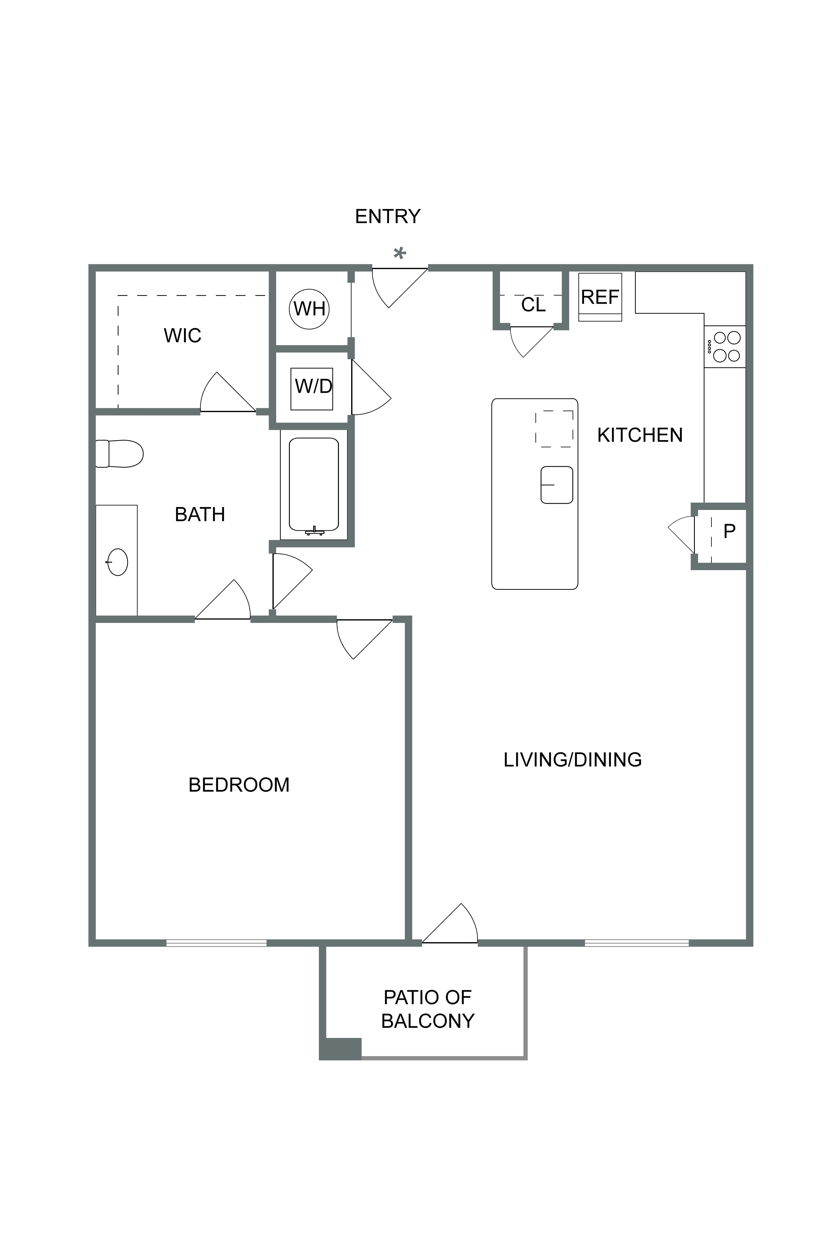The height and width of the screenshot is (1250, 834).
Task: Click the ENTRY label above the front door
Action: coord(388,216)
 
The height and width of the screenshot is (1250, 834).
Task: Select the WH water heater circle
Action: coord(309,308)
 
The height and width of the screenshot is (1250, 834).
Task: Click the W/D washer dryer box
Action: coord(312,389)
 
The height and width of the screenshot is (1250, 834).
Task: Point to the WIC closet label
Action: coord(183,336)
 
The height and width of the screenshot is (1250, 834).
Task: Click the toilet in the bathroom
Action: coord(119,454)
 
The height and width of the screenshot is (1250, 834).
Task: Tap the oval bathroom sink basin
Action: coord(118,562)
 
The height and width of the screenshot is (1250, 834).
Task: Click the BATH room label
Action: coord(200,514)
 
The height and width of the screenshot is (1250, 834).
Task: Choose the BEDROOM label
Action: coord(239,785)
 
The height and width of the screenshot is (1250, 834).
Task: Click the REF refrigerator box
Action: coord(600,297)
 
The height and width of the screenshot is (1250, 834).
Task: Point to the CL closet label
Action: coord(533,305)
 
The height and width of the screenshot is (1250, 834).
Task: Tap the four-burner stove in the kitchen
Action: coord(725,346)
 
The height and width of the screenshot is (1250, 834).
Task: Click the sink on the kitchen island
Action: coord(557,485)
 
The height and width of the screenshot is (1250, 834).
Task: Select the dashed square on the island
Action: coord(554,429)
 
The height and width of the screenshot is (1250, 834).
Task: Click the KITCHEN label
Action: coord(640,435)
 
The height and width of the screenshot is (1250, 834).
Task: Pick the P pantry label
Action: coord(729,531)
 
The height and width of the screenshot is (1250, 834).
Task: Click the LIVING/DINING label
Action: coord(573,760)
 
